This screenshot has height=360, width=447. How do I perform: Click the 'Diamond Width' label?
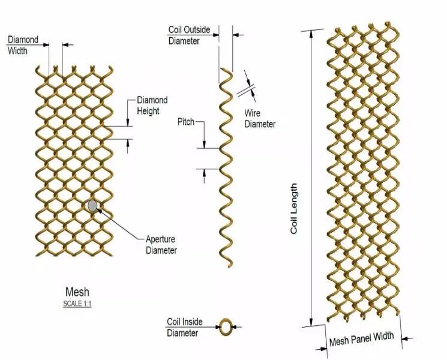tap(23, 45)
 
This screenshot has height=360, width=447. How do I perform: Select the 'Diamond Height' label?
tap(152, 106)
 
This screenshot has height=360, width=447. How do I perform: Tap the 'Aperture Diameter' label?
tap(161, 244)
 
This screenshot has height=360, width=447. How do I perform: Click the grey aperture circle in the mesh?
tap(92, 206)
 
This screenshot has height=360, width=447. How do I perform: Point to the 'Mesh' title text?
tap(77, 292)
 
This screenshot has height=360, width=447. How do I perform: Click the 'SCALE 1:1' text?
tap(77, 304)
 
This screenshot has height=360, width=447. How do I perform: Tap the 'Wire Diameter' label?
tap(260, 118)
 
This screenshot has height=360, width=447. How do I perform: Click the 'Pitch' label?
tap(186, 122)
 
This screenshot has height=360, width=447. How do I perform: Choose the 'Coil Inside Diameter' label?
tap(184, 327)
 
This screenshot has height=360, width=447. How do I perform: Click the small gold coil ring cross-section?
tap(226, 327)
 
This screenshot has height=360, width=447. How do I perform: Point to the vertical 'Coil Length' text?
tap(294, 209)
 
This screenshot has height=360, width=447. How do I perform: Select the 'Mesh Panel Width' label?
tap(361, 339)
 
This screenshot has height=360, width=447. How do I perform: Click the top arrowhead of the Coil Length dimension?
tap(311, 32)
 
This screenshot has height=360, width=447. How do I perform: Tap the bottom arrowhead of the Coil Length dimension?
tap(311, 323)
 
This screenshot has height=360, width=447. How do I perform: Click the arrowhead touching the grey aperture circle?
tap(100, 210)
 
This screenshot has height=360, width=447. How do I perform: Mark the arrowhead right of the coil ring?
tap(236, 327)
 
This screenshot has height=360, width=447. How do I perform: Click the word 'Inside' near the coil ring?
tap(192, 322)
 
